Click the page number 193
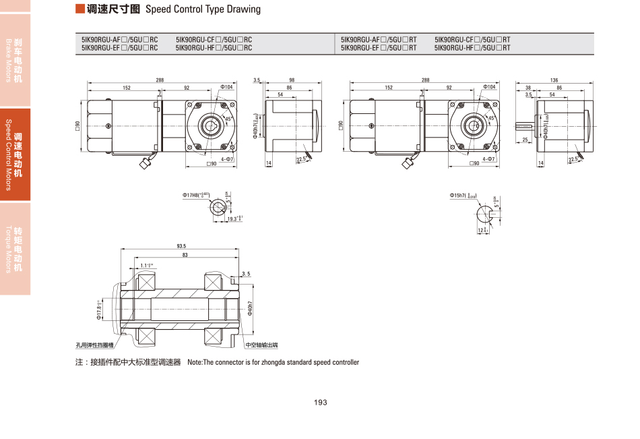[x=320, y=403]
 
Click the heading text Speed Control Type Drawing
[x=203, y=9]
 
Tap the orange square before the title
[x=80, y=9]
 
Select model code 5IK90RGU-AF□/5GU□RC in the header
[x=119, y=40]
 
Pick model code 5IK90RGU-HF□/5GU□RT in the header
[x=472, y=48]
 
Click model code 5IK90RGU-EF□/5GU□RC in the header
[x=119, y=48]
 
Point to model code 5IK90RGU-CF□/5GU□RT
[x=472, y=40]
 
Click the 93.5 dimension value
[x=181, y=246]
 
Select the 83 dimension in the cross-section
[x=185, y=255]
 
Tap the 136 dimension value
[x=554, y=80]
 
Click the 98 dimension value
[x=292, y=80]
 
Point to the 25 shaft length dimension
[x=525, y=140]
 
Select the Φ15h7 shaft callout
[x=463, y=196]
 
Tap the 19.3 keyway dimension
[x=234, y=218]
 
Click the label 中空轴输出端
[x=261, y=345]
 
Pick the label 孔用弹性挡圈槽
[x=95, y=345]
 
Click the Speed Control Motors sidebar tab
[x=15, y=154]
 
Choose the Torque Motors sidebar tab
[x=15, y=249]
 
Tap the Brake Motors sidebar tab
[x=15, y=60]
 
